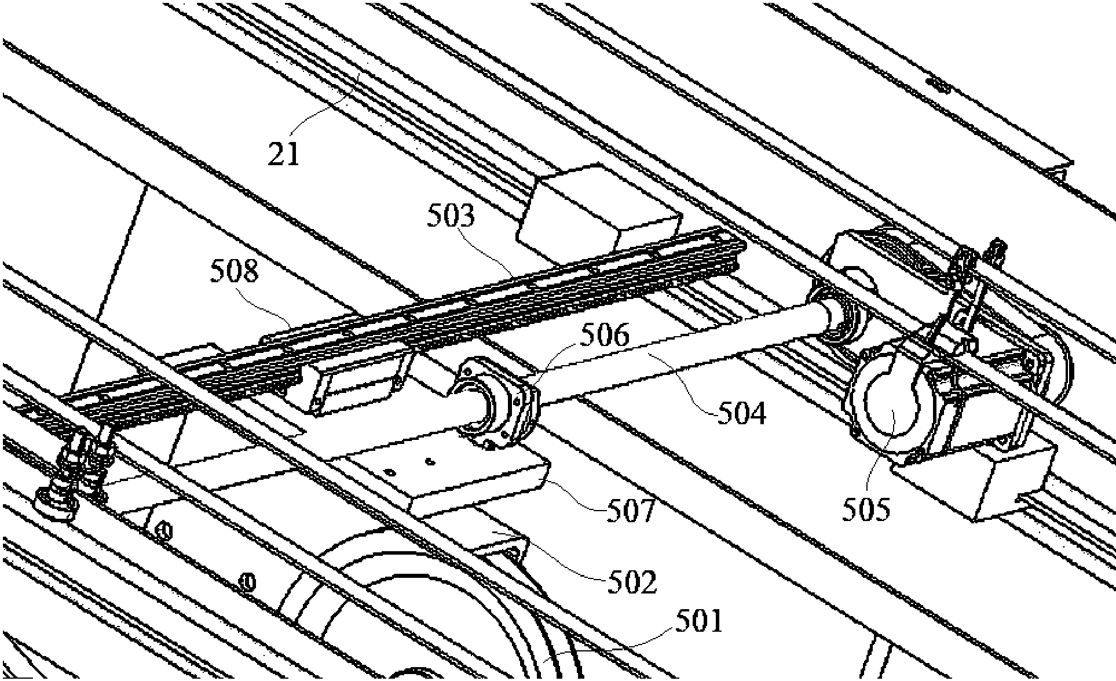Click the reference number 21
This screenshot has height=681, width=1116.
click(284, 154)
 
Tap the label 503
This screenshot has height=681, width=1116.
click(451, 216)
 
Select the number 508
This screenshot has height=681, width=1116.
click(234, 271)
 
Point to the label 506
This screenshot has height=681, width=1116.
click(605, 336)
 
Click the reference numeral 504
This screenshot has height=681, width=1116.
click(742, 413)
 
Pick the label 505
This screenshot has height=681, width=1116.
click(865, 509)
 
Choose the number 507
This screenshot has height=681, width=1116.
click(631, 511)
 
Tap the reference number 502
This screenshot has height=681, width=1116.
click(632, 582)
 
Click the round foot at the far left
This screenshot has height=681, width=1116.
click(56, 502)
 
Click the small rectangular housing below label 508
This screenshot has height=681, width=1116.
click(356, 383)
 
